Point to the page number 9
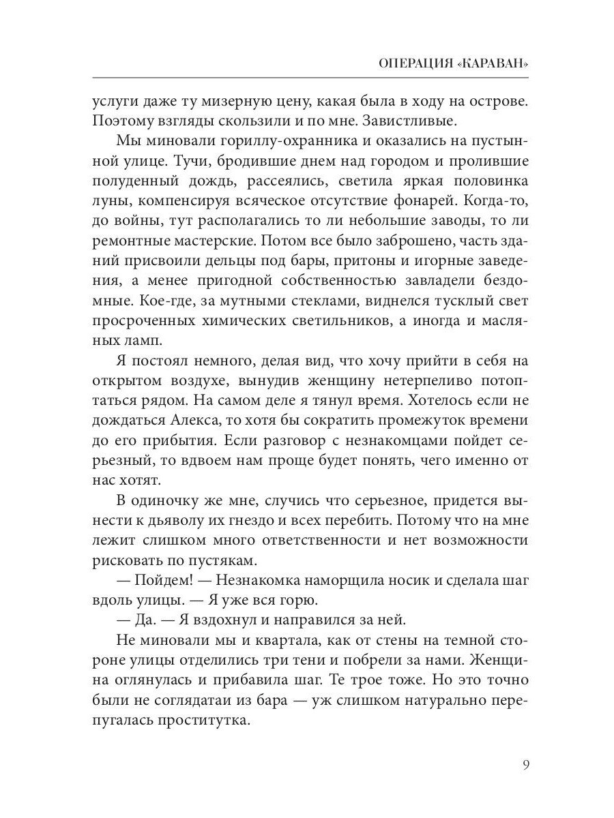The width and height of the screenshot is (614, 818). click(x=525, y=763)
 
